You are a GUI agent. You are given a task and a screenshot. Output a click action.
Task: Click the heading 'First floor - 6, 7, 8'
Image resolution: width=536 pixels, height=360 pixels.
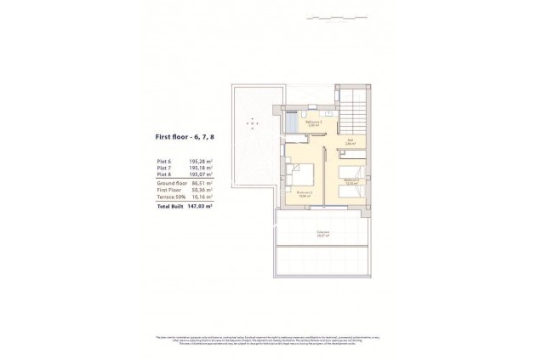(x=185, y=135)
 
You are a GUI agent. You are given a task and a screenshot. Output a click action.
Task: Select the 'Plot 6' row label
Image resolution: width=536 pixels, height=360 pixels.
(x=165, y=160)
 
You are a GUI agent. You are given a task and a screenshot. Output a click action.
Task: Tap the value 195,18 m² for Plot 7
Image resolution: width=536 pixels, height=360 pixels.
(x=201, y=168)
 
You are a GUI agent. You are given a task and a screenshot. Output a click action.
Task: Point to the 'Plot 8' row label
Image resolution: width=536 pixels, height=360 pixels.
(x=165, y=174)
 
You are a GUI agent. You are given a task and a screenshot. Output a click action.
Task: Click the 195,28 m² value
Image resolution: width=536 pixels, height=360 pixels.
(x=201, y=160)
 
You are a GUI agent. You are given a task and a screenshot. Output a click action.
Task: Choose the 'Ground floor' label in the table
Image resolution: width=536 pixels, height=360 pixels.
(x=171, y=183)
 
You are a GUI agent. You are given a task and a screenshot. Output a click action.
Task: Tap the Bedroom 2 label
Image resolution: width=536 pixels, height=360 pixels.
(x=305, y=194)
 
